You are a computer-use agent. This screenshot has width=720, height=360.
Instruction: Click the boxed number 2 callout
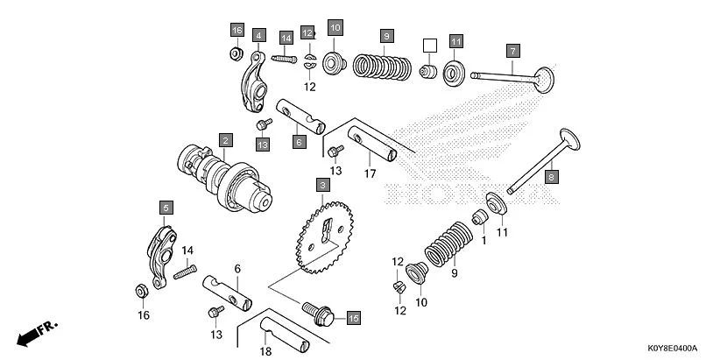(225, 140)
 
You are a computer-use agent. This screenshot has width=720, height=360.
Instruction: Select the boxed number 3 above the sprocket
(323, 186)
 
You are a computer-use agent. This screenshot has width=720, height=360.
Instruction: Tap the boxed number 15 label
(353, 317)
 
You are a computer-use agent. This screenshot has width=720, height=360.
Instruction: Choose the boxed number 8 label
(551, 177)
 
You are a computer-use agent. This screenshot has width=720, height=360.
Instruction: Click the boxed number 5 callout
(166, 208)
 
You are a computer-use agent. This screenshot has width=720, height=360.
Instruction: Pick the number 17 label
(371, 174)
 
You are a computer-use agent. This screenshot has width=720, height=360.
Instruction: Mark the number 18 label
(266, 350)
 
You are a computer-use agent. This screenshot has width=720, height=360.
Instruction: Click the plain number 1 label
(484, 240)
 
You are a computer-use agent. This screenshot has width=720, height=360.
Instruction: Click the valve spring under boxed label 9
(382, 66)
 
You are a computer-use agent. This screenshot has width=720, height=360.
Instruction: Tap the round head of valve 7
(544, 76)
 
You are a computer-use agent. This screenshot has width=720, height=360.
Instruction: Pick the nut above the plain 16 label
(139, 290)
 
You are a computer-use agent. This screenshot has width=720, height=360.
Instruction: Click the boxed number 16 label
(236, 31)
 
